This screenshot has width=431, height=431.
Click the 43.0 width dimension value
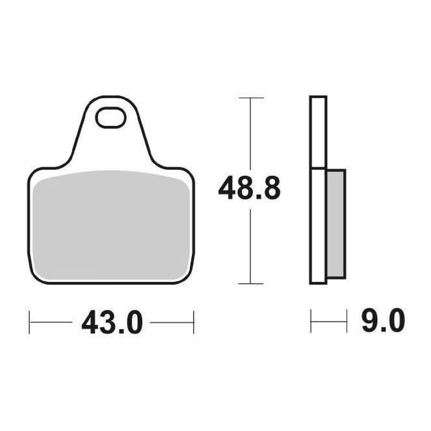[x=112, y=322]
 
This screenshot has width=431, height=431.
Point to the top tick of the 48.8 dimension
[x=251, y=98]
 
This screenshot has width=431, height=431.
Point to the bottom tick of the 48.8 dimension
[x=251, y=283]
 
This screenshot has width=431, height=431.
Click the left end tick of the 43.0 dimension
[x=29, y=322]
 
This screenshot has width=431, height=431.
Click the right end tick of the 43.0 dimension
[x=193, y=322]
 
